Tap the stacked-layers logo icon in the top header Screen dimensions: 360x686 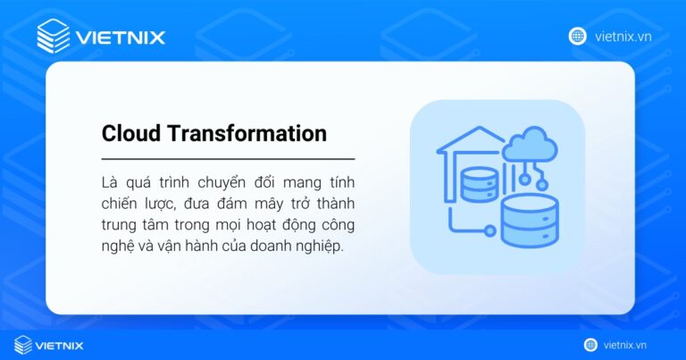click(x=53, y=37)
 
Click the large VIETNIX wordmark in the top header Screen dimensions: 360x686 click(x=121, y=38)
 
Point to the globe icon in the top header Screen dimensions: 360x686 click(x=577, y=36)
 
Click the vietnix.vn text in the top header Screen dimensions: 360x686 click(x=622, y=37)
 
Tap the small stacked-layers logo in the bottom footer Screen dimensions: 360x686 click(x=23, y=345)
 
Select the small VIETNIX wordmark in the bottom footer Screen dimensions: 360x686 click(x=64, y=345)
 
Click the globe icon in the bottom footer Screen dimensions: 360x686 click(x=590, y=345)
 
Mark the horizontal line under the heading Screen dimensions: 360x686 click(x=228, y=158)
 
